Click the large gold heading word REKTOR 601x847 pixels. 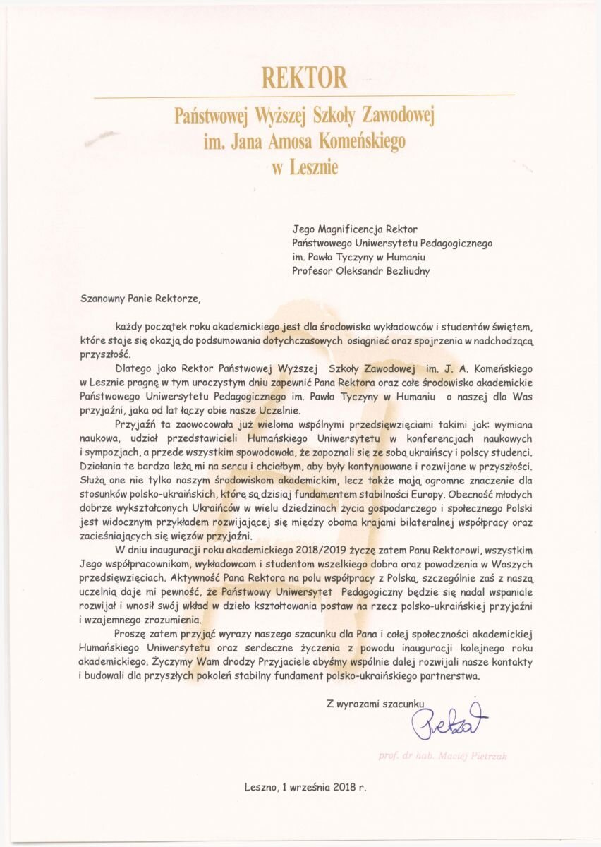[x=304, y=76]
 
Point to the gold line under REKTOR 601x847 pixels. [x=304, y=95]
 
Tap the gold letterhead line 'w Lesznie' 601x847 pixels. [x=304, y=167]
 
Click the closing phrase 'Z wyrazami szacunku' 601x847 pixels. [x=375, y=704]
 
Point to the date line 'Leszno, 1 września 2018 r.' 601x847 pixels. [x=305, y=785]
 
